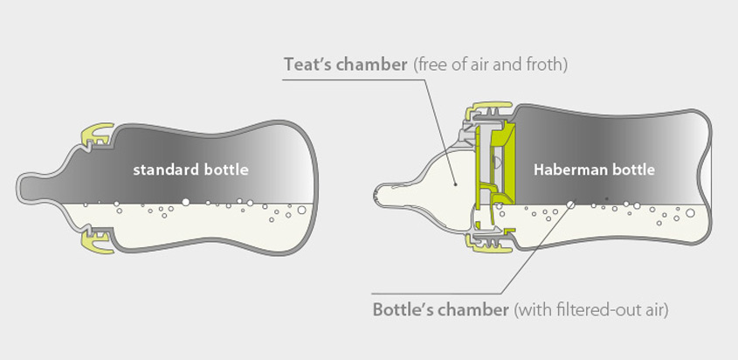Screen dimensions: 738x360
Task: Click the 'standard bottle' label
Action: [190, 170]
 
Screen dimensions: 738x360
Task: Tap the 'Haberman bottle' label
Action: [594, 170]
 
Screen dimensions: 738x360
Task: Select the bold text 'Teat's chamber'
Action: [346, 65]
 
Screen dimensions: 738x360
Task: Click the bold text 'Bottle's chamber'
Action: [440, 310]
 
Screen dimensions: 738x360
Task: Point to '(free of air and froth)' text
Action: [490, 65]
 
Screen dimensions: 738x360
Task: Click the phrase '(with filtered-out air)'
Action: [590, 310]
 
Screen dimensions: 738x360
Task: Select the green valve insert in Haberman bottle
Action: [494, 164]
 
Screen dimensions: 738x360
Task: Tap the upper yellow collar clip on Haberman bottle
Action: [488, 108]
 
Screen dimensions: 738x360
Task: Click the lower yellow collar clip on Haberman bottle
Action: [488, 242]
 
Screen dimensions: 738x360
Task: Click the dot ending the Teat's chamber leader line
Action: [455, 185]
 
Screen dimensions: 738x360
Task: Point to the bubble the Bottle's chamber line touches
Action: [571, 204]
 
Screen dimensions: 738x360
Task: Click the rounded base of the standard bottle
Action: [314, 188]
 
